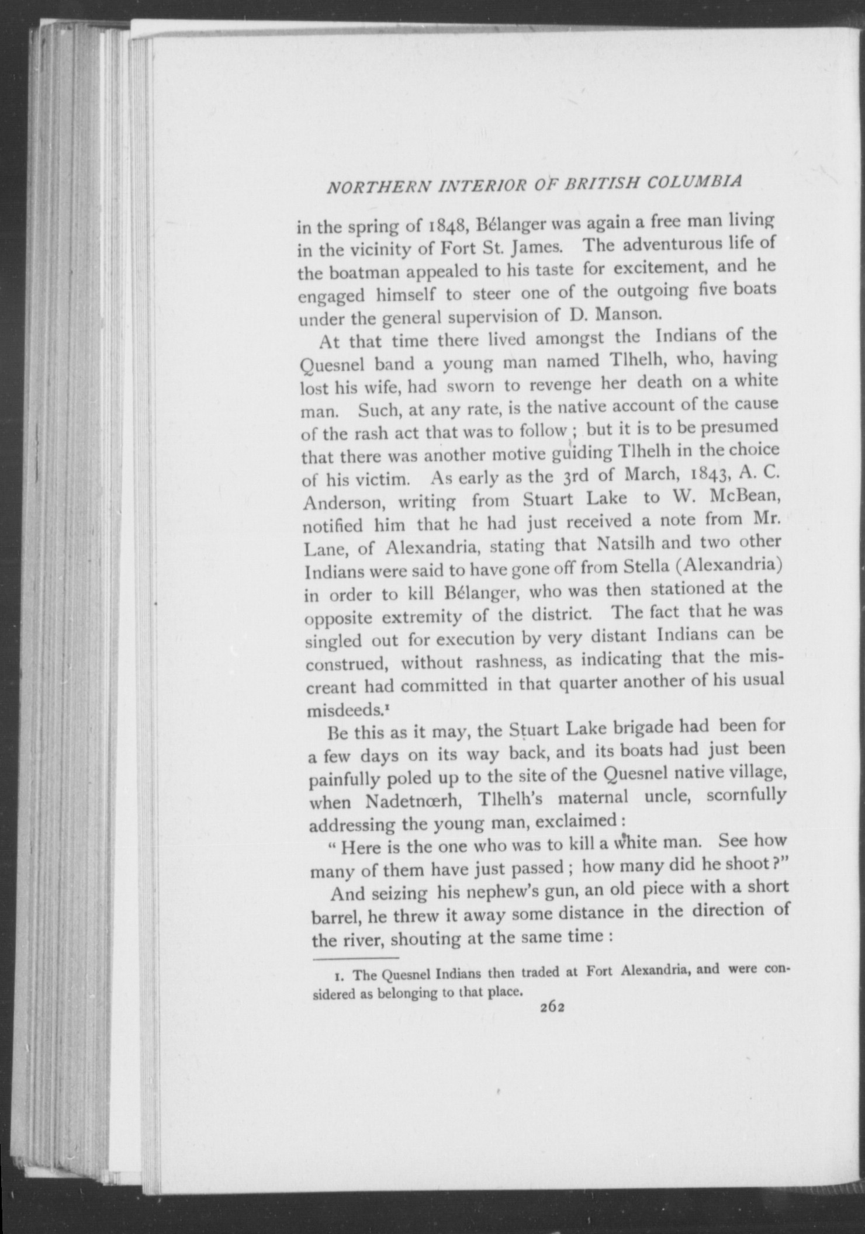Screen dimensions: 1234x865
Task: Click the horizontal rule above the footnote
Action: [356, 958]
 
